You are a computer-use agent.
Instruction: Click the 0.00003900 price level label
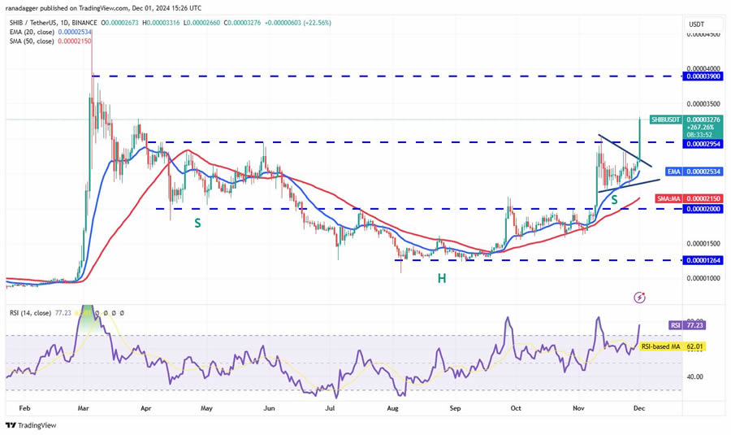(694, 76)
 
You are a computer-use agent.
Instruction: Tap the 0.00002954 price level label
(694, 143)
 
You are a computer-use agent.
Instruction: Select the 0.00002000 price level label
(694, 209)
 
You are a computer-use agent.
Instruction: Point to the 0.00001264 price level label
(694, 260)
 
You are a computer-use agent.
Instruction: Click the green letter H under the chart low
(442, 278)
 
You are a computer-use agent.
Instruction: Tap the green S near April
(197, 221)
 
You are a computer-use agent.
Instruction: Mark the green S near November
(615, 199)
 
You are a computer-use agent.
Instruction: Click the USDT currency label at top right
(696, 24)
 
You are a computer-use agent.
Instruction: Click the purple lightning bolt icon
(640, 298)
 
